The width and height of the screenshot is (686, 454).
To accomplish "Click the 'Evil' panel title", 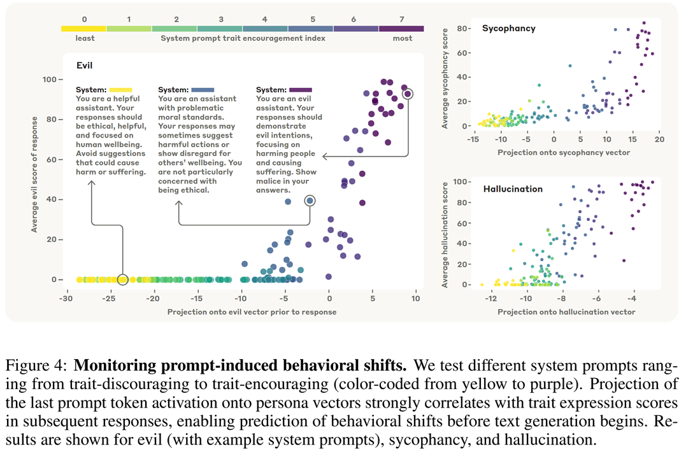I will (x=85, y=65).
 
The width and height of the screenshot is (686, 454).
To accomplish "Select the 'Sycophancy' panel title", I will (x=509, y=29).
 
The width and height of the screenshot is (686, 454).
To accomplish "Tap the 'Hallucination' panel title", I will (x=513, y=189).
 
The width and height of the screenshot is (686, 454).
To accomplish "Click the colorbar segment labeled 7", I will (x=401, y=29).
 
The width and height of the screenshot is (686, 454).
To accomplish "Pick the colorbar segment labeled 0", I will (x=84, y=29).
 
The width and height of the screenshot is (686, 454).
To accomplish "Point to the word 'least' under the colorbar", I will (x=85, y=38).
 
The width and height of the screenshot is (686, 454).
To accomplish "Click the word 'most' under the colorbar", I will (x=403, y=38).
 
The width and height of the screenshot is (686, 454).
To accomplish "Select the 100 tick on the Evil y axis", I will (x=48, y=80).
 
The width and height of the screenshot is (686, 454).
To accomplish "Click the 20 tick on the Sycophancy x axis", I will (x=659, y=138).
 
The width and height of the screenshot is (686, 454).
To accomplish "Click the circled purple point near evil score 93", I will (x=408, y=94).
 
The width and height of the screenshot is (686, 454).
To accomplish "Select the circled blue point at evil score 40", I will (x=310, y=201).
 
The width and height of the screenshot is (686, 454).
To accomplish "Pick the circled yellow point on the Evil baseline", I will (x=123, y=280).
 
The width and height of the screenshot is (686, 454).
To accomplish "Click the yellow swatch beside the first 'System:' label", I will (x=120, y=90).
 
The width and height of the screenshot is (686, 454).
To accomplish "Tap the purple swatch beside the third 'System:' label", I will (x=301, y=90).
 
